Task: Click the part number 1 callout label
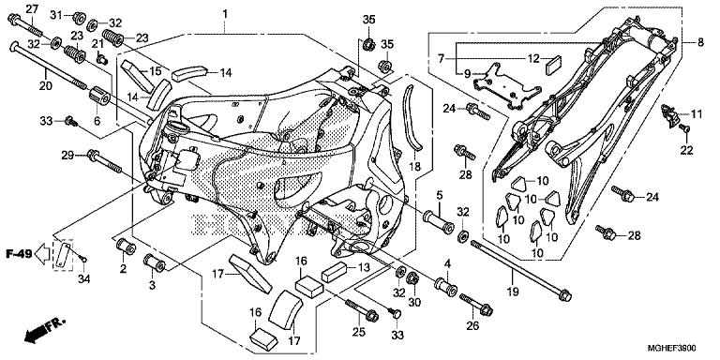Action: pos(225,14)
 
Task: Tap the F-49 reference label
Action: pos(19,253)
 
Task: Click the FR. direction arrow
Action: pos(45,329)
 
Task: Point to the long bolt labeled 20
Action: pos(49,66)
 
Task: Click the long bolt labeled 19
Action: pos(521,271)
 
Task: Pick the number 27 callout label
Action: pos(31,8)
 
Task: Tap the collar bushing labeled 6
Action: pos(99,95)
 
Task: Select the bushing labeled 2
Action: pos(125,247)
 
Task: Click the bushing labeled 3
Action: pos(155,262)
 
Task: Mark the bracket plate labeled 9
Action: pos(507,86)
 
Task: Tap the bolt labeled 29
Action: pos(104,161)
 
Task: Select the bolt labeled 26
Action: pos(476,305)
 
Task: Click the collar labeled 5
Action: pos(439,222)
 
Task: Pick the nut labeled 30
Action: pos(412,278)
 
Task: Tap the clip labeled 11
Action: pos(670,114)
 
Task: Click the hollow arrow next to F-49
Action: pos(43,254)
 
